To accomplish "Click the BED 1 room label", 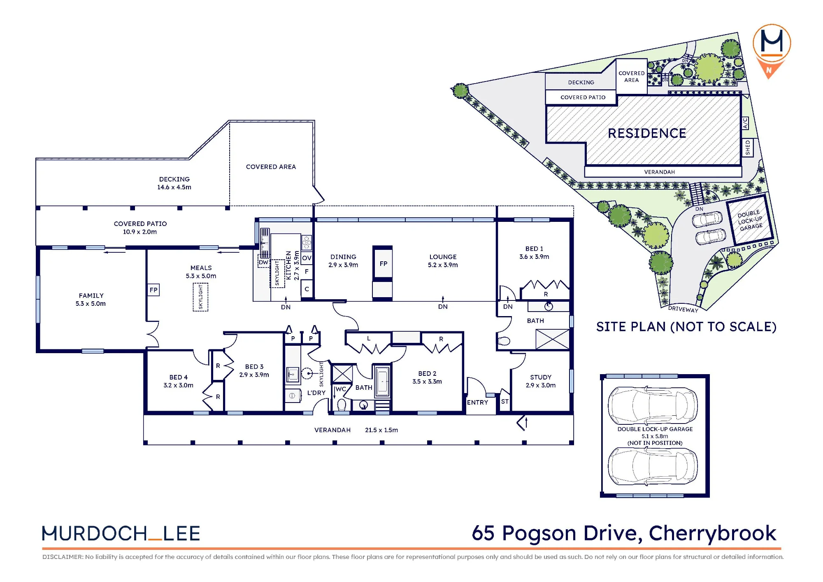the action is (534, 249).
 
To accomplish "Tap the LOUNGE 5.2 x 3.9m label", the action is (443, 261).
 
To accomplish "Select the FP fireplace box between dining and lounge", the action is (383, 263).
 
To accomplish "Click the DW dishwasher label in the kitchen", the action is (263, 262).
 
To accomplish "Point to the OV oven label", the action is (307, 258).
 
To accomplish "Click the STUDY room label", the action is (541, 377).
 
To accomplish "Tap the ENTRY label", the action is (477, 403).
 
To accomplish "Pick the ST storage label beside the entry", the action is (505, 402).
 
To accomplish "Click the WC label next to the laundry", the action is (341, 389).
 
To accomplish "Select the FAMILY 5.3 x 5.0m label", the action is (91, 300).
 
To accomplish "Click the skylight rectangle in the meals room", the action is (200, 297).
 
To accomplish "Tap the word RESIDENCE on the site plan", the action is (647, 133).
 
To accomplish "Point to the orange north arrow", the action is (769, 68).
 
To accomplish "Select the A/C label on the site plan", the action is (745, 123).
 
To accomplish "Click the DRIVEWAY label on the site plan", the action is (683, 309).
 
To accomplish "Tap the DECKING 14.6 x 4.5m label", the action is (174, 183).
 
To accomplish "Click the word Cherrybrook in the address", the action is (713, 533).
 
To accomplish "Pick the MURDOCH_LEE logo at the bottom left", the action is (121, 533).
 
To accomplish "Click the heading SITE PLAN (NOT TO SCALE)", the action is (686, 327).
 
